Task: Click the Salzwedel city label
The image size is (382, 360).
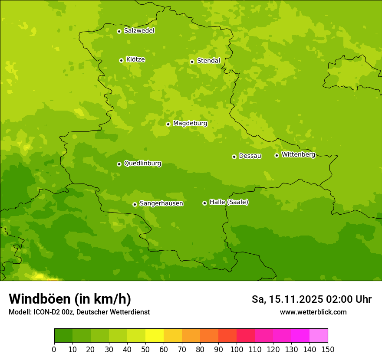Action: (139, 31)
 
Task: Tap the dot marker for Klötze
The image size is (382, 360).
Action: (121, 60)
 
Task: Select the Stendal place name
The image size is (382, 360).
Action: (208, 61)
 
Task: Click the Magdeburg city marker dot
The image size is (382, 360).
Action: (168, 124)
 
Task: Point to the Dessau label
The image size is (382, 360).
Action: (250, 156)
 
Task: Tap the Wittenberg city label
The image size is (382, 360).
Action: (298, 154)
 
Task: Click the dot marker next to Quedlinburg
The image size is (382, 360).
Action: (119, 164)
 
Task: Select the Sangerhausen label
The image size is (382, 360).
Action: (161, 203)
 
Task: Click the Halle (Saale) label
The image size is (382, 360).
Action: (229, 202)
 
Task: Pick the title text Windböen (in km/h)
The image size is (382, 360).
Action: (70, 299)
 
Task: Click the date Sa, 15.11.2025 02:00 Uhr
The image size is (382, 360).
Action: (311, 299)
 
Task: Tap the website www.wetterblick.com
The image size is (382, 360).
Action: (313, 312)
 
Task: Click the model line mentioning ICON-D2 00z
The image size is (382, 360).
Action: (79, 312)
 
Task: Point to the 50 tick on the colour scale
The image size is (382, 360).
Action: (145, 349)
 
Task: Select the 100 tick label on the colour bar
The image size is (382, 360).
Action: (237, 349)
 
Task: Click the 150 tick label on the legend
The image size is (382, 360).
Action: (328, 349)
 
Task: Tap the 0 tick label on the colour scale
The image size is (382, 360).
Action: (54, 349)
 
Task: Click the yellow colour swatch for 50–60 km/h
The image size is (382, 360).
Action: (155, 336)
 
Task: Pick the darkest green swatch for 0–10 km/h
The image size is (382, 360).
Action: (63, 336)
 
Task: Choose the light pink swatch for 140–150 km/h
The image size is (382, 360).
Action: (319, 336)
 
